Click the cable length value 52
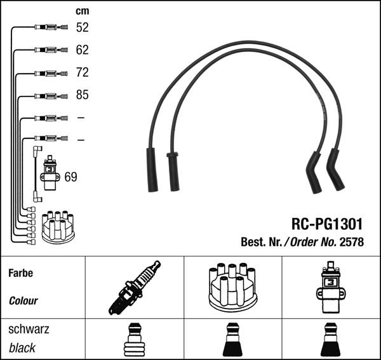click(83, 27)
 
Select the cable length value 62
click(83, 50)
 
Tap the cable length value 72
click(83, 72)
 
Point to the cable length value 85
click(83, 95)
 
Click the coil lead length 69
click(70, 177)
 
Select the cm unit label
click(83, 11)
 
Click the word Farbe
click(20, 273)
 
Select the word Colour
click(23, 301)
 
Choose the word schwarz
click(29, 330)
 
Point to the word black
click(22, 348)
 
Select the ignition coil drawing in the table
click(330, 288)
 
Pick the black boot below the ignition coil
click(331, 340)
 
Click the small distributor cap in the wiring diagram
click(58, 226)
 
